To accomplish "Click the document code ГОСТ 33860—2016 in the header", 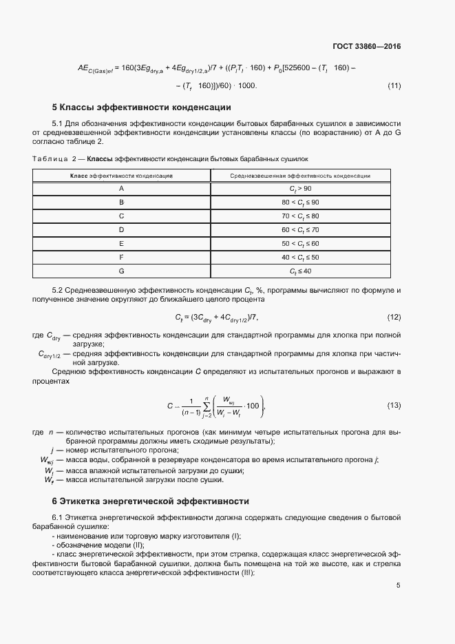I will [366, 47].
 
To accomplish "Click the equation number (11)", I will [394, 86].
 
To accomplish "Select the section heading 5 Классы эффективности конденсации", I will [141, 107].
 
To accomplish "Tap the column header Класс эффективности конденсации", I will [121, 176].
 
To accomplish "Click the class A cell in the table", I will [121, 188].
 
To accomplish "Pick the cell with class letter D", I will [121, 229].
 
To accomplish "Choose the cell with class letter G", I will [121, 271].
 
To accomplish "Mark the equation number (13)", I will [394, 405].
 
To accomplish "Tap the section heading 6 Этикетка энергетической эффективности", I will [150, 501].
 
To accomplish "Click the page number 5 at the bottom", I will [399, 585].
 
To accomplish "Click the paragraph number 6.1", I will [59, 517].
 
